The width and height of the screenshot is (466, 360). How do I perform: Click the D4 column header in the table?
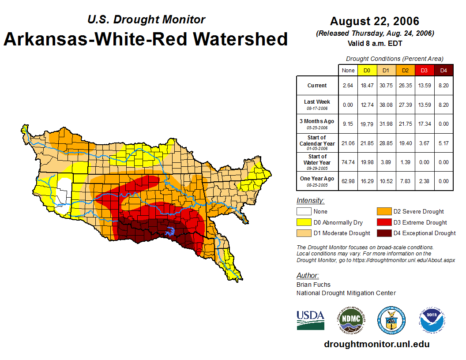pyautogui.click(x=444, y=70)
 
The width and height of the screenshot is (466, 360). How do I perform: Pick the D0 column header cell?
pyautogui.click(x=367, y=70)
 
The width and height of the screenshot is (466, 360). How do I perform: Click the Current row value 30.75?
pyautogui.click(x=386, y=86)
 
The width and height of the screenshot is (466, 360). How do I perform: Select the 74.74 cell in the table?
pyautogui.click(x=348, y=162)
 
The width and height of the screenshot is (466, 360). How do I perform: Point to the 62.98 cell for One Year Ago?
pyautogui.click(x=348, y=181)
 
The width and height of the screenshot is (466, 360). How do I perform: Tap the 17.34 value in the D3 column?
pyautogui.click(x=425, y=124)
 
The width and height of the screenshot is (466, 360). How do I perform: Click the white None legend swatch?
pyautogui.click(x=304, y=212)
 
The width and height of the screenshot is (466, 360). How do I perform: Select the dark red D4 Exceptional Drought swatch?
pyautogui.click(x=383, y=233)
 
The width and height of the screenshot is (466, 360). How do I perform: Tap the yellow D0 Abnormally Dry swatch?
pyautogui.click(x=304, y=222)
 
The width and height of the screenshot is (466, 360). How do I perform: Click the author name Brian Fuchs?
pyautogui.click(x=313, y=285)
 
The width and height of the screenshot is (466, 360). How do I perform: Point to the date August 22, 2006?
pyautogui.click(x=375, y=21)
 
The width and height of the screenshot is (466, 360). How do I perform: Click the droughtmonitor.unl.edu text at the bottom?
pyautogui.click(x=376, y=344)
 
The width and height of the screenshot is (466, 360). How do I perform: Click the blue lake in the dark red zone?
pyautogui.click(x=169, y=231)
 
